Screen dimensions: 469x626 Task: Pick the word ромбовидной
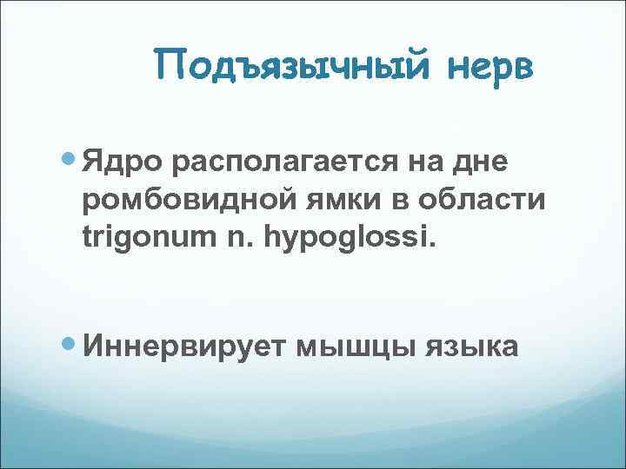190,199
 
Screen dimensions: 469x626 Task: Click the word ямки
349,199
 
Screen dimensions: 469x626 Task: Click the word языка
473,347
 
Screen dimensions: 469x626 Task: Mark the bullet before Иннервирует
71,344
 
